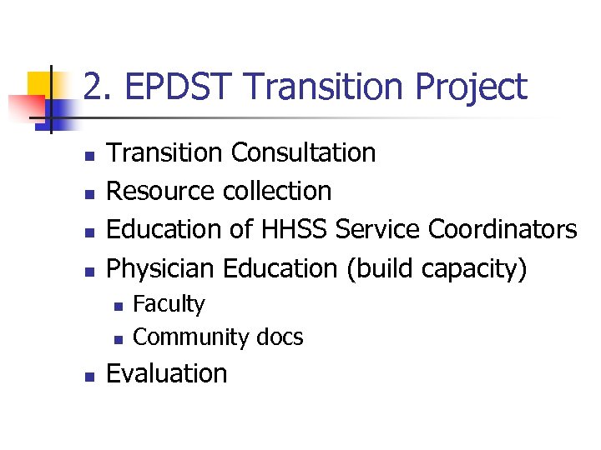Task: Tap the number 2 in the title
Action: point(93,87)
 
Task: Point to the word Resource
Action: point(161,191)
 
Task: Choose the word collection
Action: point(276,191)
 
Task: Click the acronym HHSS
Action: point(283,229)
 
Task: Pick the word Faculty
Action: point(169,304)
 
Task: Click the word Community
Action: point(191,337)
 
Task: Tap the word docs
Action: point(280,337)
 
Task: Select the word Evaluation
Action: point(167,373)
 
